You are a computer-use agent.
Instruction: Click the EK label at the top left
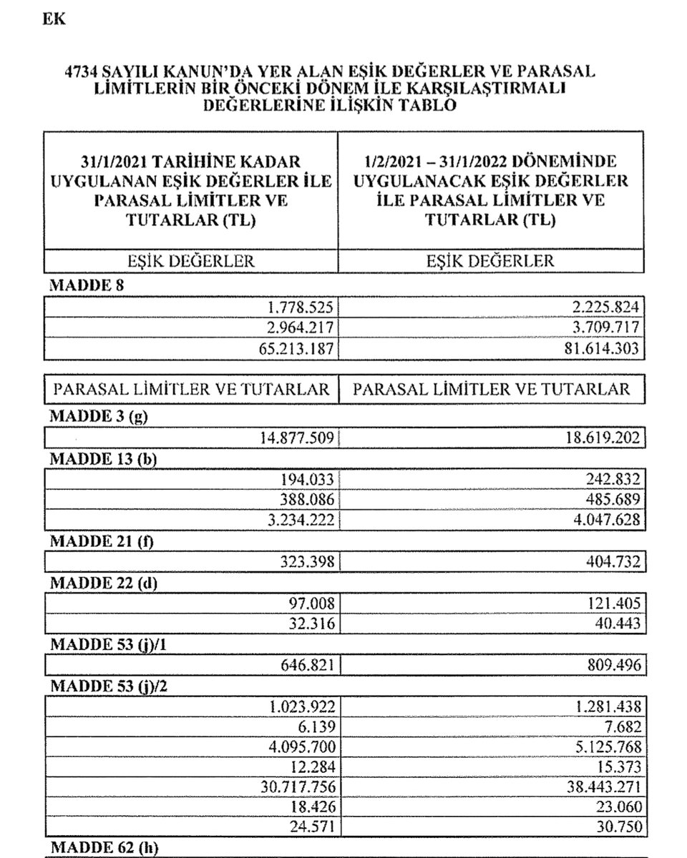[54, 20]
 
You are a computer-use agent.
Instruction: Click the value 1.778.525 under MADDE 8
[300, 307]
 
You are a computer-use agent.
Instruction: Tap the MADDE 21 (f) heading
[102, 541]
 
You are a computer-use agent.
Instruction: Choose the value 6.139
[317, 727]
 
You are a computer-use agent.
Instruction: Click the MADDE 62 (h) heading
[103, 849]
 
